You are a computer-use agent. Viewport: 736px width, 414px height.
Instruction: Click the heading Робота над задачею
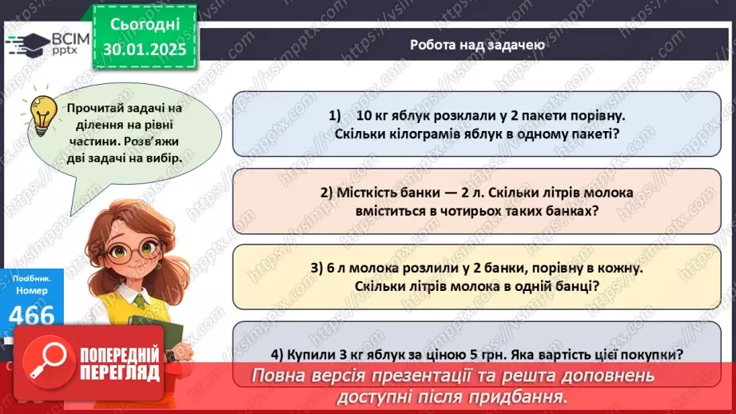478,45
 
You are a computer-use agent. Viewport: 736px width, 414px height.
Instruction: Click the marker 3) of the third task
317,269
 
